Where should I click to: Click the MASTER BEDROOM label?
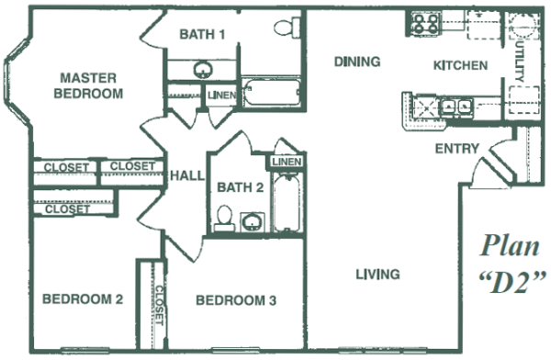(86, 85)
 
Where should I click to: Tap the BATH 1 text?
(202, 35)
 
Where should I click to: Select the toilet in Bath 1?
(288, 28)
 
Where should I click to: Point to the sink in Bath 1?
(201, 70)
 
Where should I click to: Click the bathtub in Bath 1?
(269, 94)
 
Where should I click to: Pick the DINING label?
(357, 62)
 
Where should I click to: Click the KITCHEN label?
(460, 65)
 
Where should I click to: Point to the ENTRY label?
(455, 148)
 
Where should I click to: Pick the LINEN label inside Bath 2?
(282, 163)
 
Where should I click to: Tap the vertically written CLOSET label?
(158, 305)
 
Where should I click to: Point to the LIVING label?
(377, 274)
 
